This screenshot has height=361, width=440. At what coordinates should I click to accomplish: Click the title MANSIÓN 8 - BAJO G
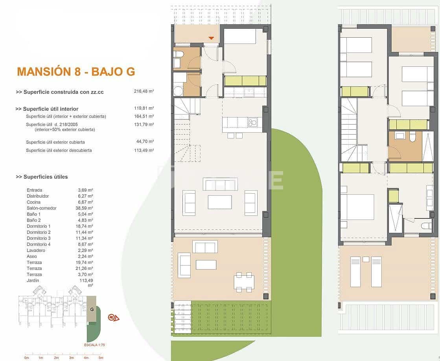[x=76, y=71]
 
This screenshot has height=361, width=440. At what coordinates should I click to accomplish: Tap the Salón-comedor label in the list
[x=41, y=208]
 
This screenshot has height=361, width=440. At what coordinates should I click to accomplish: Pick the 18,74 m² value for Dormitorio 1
[x=85, y=226]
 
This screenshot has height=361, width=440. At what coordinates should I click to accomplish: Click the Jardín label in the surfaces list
[x=33, y=280]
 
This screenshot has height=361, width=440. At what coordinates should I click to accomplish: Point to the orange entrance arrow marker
[x=211, y=38]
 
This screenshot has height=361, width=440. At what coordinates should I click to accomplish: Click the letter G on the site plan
[x=92, y=309]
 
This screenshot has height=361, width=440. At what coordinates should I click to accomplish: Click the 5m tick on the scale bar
[x=101, y=357]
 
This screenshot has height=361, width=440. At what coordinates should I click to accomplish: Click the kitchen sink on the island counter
[x=252, y=123]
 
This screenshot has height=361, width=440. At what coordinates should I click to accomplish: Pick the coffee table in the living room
[x=220, y=202]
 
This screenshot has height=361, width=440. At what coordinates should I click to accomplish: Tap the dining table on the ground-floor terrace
[x=243, y=282]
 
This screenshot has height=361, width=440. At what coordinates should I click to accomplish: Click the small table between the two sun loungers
[x=366, y=259]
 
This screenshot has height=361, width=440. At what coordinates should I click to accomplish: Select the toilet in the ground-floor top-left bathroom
[x=177, y=54]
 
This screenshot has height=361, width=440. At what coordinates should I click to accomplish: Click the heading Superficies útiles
[x=42, y=177]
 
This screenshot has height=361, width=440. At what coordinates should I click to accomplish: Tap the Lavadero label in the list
[x=36, y=250]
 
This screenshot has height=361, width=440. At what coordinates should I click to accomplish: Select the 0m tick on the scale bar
[x=26, y=357]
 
